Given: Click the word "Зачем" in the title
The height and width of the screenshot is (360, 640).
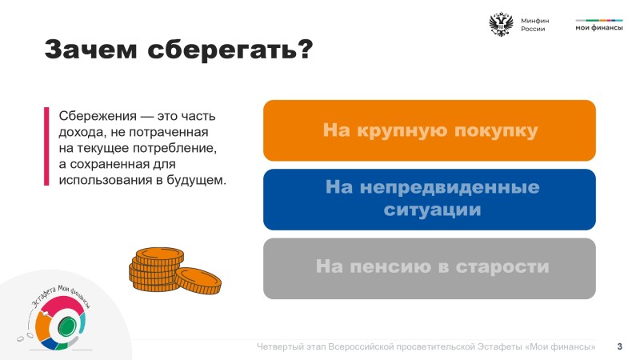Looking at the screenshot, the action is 90,50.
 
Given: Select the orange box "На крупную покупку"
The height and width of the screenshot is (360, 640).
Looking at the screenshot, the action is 430,130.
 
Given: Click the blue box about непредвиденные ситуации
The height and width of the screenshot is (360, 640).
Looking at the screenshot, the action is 430,199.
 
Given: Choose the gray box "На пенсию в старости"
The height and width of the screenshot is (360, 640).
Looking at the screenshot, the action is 430,269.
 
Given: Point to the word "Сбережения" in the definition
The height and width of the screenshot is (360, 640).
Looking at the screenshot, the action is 98,116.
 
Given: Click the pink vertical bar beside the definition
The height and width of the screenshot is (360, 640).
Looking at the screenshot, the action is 46,146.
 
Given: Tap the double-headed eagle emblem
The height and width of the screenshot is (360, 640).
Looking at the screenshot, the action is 501,25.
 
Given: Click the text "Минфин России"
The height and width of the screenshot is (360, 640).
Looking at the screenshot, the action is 534,25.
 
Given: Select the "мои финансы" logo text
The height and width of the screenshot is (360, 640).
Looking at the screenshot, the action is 599,28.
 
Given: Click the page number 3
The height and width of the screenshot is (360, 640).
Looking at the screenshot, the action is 619,346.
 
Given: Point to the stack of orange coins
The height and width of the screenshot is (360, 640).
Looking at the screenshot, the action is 156,270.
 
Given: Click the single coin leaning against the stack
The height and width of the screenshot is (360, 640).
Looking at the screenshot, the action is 198,281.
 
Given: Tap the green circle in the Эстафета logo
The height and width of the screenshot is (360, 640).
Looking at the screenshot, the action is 66,326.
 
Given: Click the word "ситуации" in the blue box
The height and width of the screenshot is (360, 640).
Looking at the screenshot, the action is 432,210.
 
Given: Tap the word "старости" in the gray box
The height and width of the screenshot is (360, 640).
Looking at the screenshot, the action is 502,266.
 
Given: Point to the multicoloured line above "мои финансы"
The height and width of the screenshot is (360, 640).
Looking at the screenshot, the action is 599,20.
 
